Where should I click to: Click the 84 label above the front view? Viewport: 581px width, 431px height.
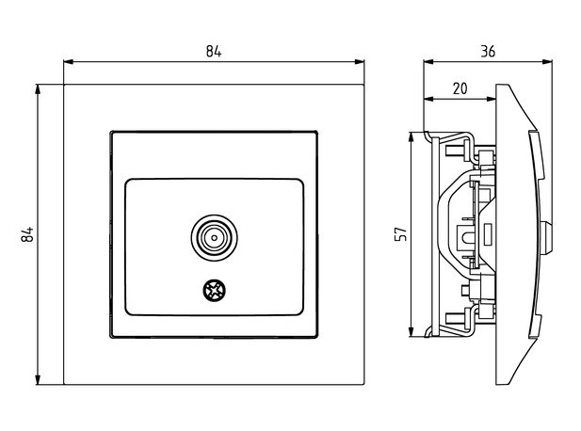(214, 51)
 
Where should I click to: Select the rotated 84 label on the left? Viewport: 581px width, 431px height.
(27, 235)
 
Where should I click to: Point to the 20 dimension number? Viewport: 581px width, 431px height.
(460, 88)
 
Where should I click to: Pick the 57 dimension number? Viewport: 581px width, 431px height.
(399, 233)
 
